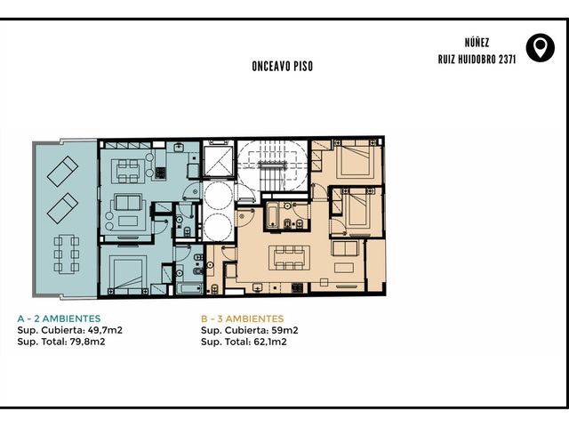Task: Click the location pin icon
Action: (x=541, y=47)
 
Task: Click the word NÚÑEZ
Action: (x=477, y=43)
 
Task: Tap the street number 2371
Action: (x=508, y=60)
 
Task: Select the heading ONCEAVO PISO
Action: (x=283, y=66)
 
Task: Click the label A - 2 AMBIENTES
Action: (x=59, y=318)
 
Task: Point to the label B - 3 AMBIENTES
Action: (x=243, y=318)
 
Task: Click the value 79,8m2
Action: (x=88, y=342)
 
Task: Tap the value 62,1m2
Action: (x=270, y=342)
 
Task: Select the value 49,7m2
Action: (x=105, y=330)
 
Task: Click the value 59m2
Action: (x=284, y=330)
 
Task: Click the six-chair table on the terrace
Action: (x=67, y=254)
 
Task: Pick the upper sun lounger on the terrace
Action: (x=62, y=172)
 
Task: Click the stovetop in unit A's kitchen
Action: (x=160, y=173)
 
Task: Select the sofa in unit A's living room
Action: (x=128, y=202)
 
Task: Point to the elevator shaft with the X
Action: (x=217, y=161)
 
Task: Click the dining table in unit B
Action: (x=289, y=258)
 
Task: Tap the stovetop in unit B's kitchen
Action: (x=297, y=288)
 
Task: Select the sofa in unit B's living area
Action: (x=345, y=249)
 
